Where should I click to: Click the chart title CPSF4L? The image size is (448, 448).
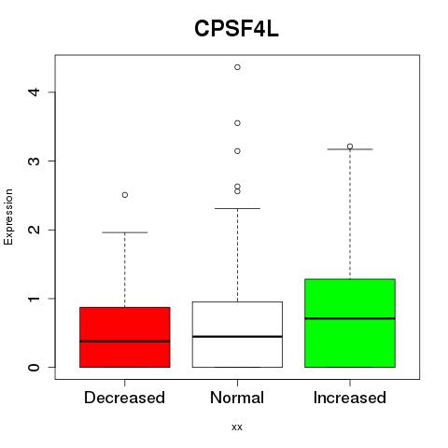pos(236,29)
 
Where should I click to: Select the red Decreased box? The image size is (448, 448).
pos(125,337)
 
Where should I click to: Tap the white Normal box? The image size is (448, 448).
pos(237,334)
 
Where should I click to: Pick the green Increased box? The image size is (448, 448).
pos(350,323)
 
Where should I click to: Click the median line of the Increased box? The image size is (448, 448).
pos(350,318)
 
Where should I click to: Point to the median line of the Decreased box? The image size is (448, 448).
pos(125,342)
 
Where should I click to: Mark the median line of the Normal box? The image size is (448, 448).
pos(237,337)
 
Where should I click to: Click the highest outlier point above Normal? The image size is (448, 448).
pos(237,67)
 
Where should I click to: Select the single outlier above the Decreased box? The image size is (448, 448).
pos(125,195)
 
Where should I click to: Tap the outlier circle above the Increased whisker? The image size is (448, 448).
pos(350,147)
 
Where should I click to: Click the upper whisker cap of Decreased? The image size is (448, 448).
pos(125,232)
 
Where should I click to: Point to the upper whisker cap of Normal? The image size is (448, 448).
pos(237,208)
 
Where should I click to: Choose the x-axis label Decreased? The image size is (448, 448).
pos(124,398)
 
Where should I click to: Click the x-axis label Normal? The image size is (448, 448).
pos(237,398)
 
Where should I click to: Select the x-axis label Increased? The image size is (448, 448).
pos(350,398)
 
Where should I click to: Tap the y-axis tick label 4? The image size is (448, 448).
pos(35,92)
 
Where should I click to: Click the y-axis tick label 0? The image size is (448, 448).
pos(35,368)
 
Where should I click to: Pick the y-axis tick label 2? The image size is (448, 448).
pos(35,230)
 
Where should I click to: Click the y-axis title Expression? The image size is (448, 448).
pos(8,217)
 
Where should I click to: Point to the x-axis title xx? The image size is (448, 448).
pos(237,427)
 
